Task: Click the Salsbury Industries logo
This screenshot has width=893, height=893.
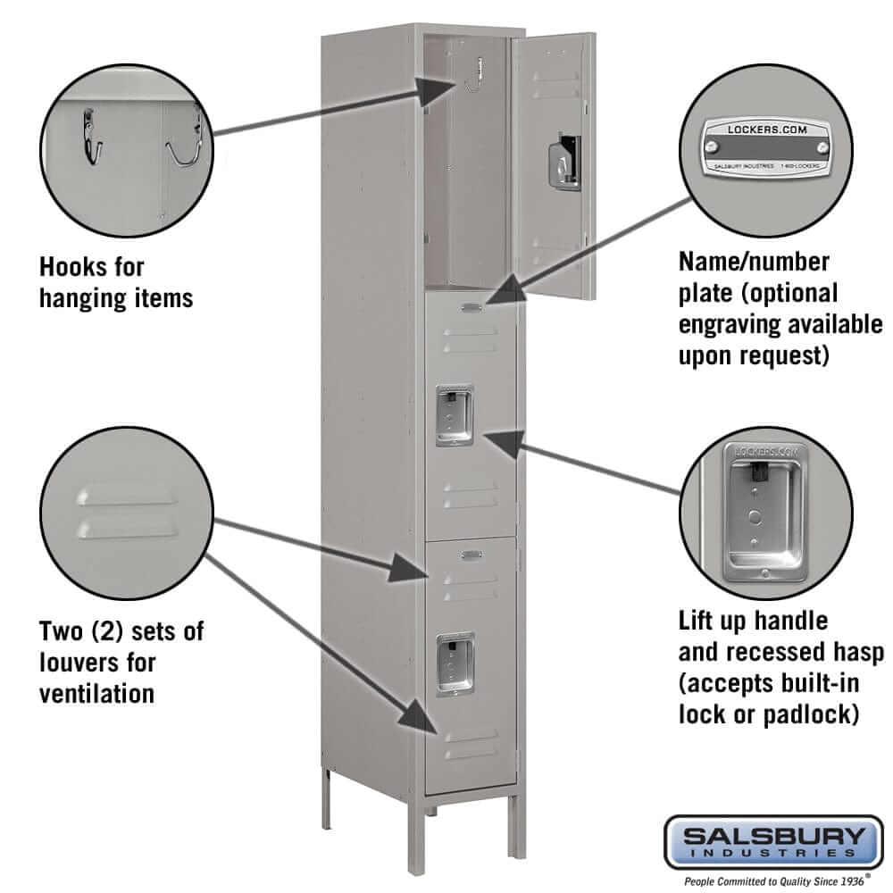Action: click(770, 842)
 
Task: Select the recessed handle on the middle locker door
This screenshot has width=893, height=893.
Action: click(454, 416)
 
